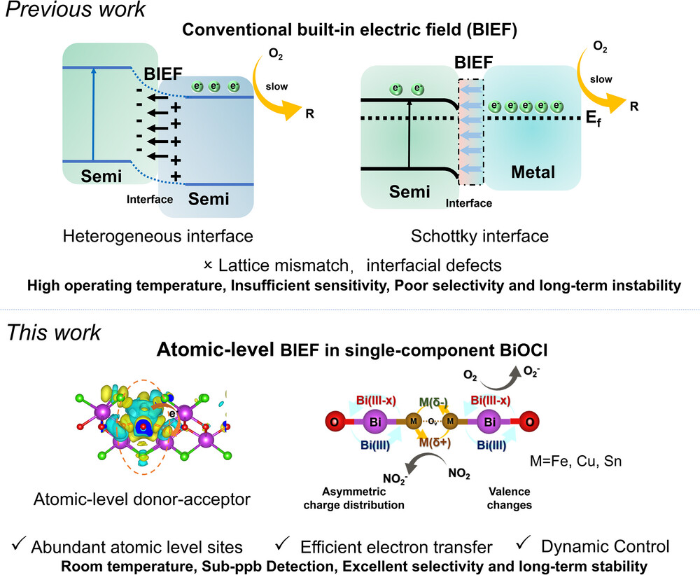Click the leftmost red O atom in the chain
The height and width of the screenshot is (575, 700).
[x=335, y=422]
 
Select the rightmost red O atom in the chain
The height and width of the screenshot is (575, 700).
[x=532, y=422]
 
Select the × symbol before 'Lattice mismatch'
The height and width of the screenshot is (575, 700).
[x=207, y=265]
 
